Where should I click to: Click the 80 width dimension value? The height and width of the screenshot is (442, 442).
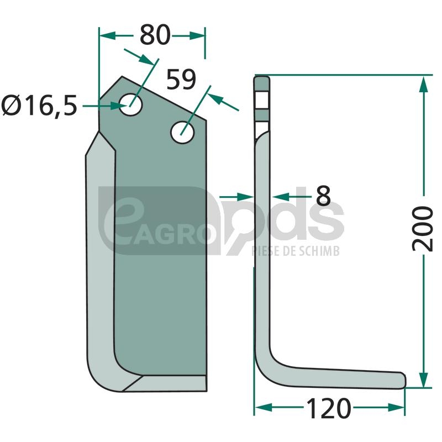[155, 35]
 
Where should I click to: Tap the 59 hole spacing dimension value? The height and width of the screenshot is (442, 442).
[181, 80]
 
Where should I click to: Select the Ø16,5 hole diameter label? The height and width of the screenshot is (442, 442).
[39, 106]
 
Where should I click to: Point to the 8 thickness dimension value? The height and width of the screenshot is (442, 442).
[323, 196]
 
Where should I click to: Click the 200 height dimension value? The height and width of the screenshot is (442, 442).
[422, 228]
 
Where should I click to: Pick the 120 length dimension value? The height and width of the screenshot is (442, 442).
[328, 408]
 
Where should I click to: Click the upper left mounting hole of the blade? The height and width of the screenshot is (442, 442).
[130, 104]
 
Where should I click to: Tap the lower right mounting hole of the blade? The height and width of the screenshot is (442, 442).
[182, 132]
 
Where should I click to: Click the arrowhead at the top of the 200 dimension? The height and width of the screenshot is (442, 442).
[423, 84]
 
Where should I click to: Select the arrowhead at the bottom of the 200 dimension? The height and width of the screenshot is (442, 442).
[423, 379]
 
